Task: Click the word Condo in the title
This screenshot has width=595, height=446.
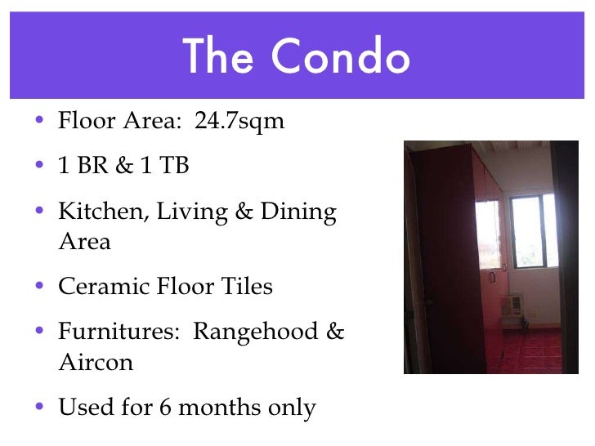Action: (x=342, y=57)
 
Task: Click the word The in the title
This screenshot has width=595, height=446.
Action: (x=217, y=57)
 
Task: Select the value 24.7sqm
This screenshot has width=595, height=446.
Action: (x=239, y=122)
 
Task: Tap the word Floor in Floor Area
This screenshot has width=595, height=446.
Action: (x=84, y=122)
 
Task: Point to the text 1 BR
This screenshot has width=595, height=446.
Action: (x=79, y=166)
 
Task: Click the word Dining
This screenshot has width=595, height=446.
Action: (x=298, y=212)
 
